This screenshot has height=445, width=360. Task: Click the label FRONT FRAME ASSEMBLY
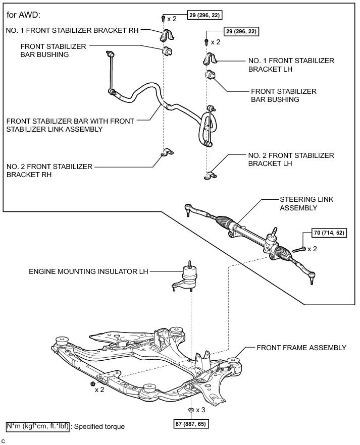point(301,348)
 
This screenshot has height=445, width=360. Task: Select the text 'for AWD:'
point(22,14)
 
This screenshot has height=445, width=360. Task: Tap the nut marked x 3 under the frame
point(190,409)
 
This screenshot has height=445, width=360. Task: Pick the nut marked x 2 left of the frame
point(94,384)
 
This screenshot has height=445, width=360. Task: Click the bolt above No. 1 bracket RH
point(163,19)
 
